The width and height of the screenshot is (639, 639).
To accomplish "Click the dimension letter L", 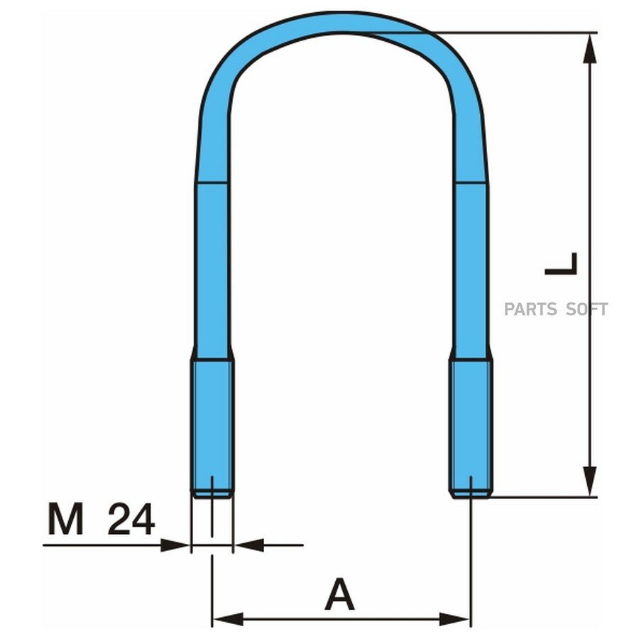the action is pyautogui.click(x=561, y=263).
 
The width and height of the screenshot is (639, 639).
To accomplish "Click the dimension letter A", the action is pyautogui.click(x=339, y=594).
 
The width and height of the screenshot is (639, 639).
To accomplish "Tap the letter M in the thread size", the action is pyautogui.click(x=65, y=519).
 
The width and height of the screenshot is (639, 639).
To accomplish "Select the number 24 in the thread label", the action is pyautogui.click(x=131, y=519).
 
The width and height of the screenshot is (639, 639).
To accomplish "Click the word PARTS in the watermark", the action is pyautogui.click(x=530, y=310).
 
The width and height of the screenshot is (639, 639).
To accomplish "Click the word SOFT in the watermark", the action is pyautogui.click(x=587, y=310).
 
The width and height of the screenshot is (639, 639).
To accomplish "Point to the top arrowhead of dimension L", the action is pyautogui.click(x=589, y=48).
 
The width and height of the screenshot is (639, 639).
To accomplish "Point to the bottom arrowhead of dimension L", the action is pyautogui.click(x=589, y=481).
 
